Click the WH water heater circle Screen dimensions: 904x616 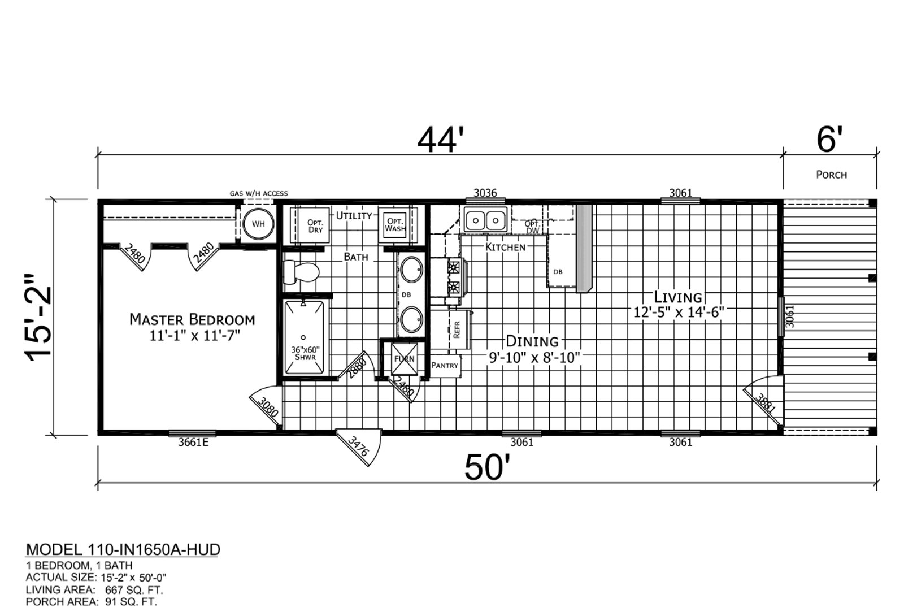pos(258,224)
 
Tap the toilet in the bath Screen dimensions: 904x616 pos(301,272)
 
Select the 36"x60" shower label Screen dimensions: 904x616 pos(305,353)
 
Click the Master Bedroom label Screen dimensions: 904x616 pos(192,320)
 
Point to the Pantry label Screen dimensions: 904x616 pos(445,365)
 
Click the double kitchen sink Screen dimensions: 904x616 pos(485,220)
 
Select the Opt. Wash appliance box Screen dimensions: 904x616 pos(395,225)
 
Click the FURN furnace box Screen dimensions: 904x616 pos(405,359)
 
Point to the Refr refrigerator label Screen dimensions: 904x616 pos(457,329)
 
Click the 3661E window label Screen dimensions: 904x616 pos(193,443)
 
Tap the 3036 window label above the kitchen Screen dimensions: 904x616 pos(485,193)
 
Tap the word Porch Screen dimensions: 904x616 pos(831,175)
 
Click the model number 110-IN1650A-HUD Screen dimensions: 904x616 pos(153,549)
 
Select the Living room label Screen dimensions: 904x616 pos(678,297)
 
